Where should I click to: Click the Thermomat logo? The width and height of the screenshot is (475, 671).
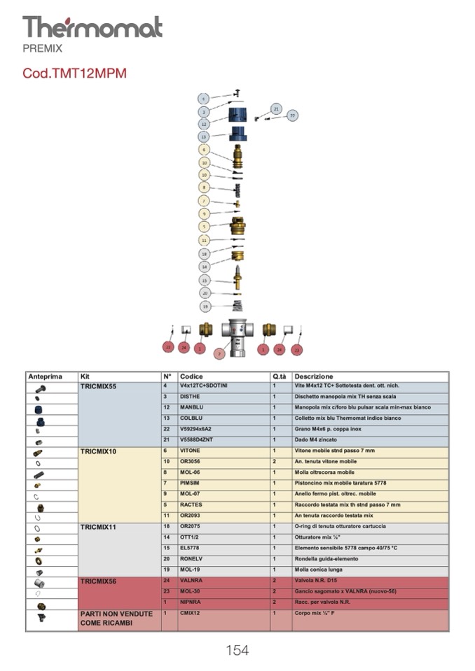click(x=92, y=27)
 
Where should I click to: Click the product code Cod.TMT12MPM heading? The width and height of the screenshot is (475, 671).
click(x=74, y=73)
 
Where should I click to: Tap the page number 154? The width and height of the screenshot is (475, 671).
click(x=237, y=650)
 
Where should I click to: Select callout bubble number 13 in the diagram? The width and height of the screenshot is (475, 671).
click(x=204, y=136)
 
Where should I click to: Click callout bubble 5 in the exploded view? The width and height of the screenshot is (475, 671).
click(x=204, y=227)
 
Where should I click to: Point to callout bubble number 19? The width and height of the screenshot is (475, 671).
click(x=205, y=306)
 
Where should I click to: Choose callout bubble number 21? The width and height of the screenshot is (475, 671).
click(x=276, y=110)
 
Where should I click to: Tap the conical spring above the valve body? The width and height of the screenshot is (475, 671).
click(x=238, y=305)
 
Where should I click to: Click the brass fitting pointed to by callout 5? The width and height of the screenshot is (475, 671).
click(x=238, y=227)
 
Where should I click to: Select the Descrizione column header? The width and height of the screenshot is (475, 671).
click(x=313, y=376)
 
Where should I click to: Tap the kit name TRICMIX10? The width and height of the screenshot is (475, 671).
click(x=99, y=451)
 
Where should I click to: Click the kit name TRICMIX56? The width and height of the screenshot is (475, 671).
click(x=99, y=581)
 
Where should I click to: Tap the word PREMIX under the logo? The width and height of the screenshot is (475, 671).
click(x=42, y=49)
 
